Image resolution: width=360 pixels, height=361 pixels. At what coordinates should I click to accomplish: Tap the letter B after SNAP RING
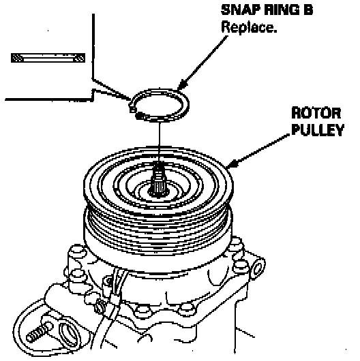pos(308,10)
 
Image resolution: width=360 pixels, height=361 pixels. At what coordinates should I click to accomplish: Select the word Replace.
pos(249,27)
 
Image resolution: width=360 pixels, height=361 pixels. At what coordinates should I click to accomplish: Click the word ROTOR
pos(316,113)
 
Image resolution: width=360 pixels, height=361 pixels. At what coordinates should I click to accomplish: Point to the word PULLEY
pos(318,130)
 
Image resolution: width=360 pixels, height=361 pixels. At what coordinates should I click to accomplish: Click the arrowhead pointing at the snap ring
pos(183,84)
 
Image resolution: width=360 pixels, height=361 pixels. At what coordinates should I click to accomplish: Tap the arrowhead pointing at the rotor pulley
pos(232,163)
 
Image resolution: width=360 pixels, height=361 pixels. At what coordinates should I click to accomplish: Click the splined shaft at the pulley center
pos(158,182)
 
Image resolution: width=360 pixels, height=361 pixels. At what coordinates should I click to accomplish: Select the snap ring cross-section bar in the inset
pos(48,58)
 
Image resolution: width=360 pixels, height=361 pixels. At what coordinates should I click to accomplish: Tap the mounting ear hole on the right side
pos(258,268)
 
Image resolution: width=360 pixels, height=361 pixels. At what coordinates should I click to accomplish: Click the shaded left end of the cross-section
pos(17,58)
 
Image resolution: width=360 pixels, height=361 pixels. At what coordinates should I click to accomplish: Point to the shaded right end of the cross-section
pos(79,58)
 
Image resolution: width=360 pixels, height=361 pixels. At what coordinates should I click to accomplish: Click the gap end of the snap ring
pos(132,108)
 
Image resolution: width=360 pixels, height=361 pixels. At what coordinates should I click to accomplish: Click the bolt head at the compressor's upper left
pos(76,251)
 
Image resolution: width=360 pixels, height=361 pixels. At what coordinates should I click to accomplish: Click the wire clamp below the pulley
pos(115,299)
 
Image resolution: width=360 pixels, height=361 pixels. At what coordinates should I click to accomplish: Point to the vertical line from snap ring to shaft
pos(160,141)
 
